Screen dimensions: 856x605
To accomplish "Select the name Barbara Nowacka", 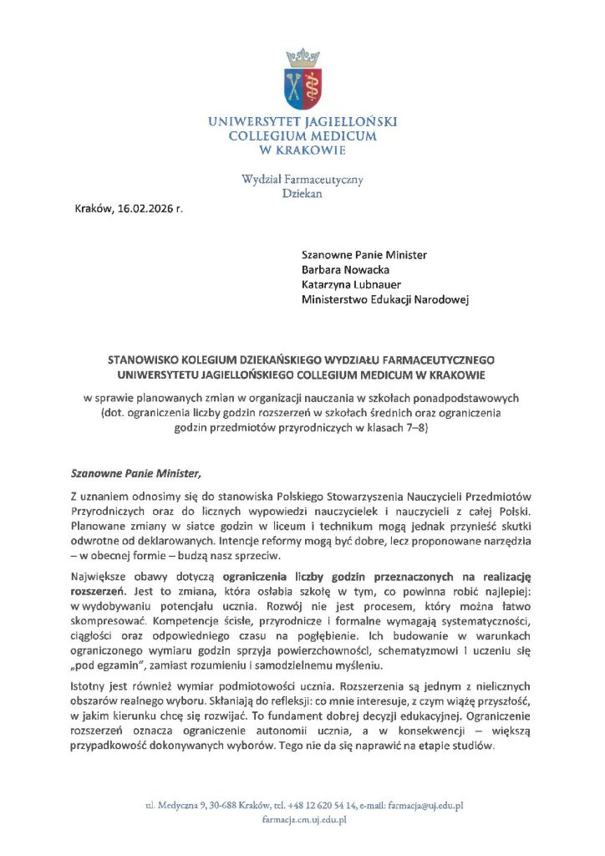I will pyautogui.click(x=345, y=270).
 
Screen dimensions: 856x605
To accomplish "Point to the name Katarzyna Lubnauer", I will pyautogui.click(x=353, y=285).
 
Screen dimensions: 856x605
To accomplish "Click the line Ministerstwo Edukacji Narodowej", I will pyautogui.click(x=385, y=300).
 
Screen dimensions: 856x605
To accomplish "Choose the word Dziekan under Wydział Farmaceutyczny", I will pyautogui.click(x=302, y=194).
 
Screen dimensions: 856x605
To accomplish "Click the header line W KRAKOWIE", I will pyautogui.click(x=302, y=150).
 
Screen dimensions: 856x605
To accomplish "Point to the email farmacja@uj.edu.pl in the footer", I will pyautogui.click(x=421, y=806).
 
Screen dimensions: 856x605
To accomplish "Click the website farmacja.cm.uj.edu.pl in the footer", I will pyautogui.click(x=302, y=821).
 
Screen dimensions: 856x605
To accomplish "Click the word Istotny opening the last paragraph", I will pyautogui.click(x=89, y=686).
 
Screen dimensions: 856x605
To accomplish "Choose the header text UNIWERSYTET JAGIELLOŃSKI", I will pyautogui.click(x=302, y=121).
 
